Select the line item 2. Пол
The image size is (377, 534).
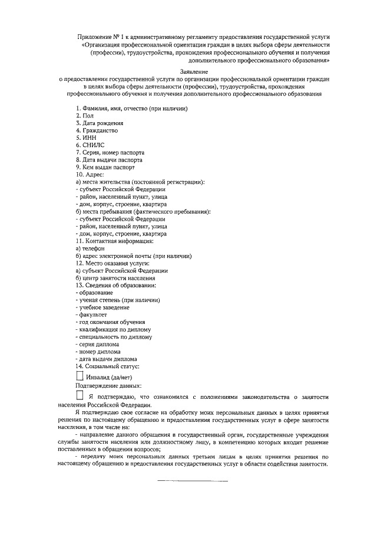click(x=85, y=116)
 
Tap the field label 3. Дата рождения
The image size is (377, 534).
click(x=100, y=123)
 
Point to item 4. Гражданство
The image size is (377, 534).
click(x=97, y=130)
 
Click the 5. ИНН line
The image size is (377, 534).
click(x=86, y=137)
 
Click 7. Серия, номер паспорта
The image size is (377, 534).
click(x=110, y=152)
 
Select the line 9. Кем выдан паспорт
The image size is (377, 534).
click(x=105, y=167)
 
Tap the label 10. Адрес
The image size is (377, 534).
click(x=90, y=175)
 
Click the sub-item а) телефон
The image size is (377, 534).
click(x=90, y=248)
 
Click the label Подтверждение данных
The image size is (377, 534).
click(x=104, y=385)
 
